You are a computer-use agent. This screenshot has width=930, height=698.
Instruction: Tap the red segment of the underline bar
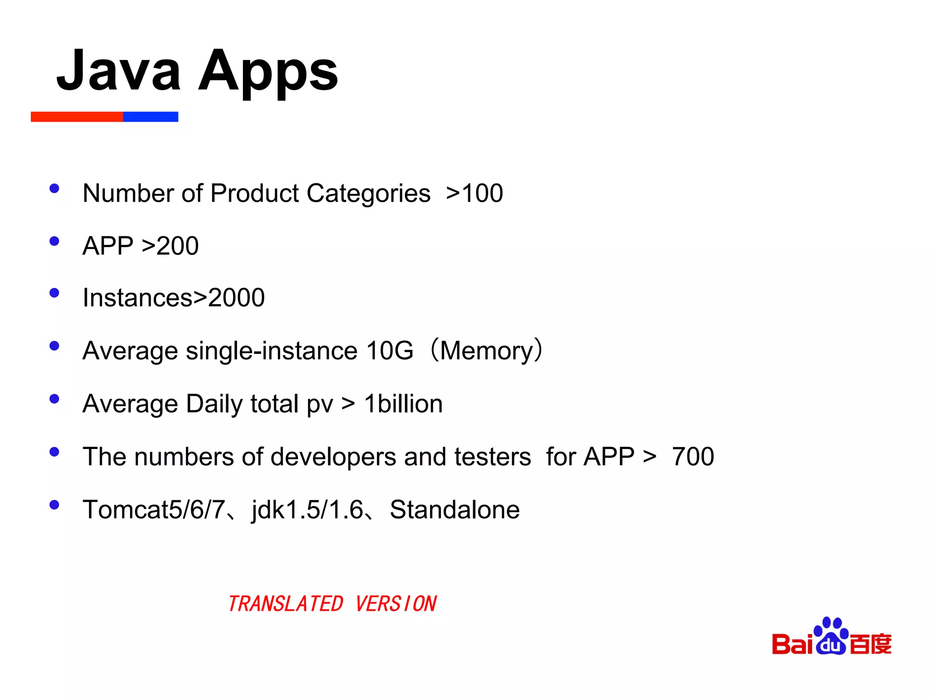[77, 117]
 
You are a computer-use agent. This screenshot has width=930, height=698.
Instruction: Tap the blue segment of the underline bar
[150, 117]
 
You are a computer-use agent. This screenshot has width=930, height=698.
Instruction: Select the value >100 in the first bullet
[475, 193]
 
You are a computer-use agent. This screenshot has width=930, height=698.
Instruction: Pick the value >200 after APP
[170, 246]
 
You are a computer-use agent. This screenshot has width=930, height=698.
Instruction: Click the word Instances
[138, 298]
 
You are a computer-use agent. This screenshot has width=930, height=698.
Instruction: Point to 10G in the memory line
[390, 351]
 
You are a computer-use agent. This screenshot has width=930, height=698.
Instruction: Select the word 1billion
[403, 404]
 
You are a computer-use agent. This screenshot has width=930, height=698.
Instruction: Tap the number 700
[693, 457]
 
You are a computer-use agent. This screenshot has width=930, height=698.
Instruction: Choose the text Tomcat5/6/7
[153, 509]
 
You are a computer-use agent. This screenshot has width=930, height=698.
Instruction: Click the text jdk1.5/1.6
[307, 509]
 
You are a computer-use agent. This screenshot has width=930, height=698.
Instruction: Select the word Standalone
[455, 509]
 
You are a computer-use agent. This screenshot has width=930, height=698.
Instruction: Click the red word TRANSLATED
[286, 604]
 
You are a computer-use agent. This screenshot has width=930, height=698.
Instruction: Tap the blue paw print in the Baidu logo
[831, 636]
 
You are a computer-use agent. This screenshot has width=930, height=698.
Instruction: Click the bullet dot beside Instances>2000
[54, 293]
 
